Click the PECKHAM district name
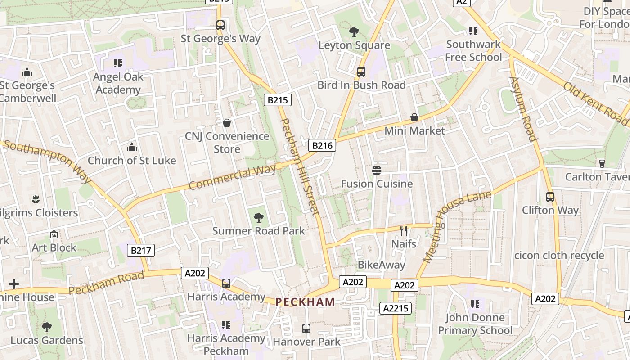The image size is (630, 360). pyautogui.click(x=305, y=302)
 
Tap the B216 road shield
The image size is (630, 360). pyautogui.click(x=322, y=145)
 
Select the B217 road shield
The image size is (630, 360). pyautogui.click(x=141, y=251)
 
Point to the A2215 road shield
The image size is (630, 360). pyautogui.click(x=396, y=308)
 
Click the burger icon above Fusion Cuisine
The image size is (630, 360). pyautogui.click(x=377, y=170)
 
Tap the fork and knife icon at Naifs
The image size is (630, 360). pyautogui.click(x=404, y=231)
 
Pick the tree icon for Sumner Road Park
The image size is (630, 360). pyautogui.click(x=258, y=218)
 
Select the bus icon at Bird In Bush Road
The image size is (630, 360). pyautogui.click(x=361, y=72)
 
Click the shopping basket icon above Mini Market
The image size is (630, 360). pyautogui.click(x=414, y=117)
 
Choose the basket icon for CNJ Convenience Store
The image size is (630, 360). pyautogui.click(x=227, y=123)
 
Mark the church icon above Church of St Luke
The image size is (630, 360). pyautogui.click(x=131, y=147)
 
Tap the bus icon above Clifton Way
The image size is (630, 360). pyautogui.click(x=550, y=197)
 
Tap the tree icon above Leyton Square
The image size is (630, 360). pyautogui.click(x=354, y=32)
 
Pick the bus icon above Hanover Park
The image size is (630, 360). pyautogui.click(x=306, y=328)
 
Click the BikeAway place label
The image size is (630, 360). pyautogui.click(x=381, y=265)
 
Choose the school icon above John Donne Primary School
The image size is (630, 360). pyautogui.click(x=475, y=305)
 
